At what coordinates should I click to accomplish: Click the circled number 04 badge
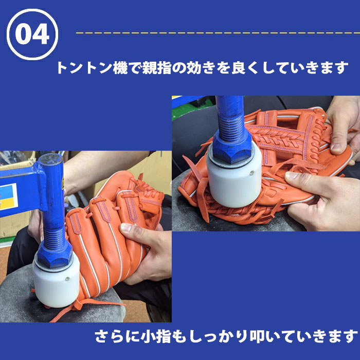(x=32, y=34)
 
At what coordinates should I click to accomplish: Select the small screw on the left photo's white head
(x=67, y=279)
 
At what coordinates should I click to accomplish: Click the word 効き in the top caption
(x=201, y=68)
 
